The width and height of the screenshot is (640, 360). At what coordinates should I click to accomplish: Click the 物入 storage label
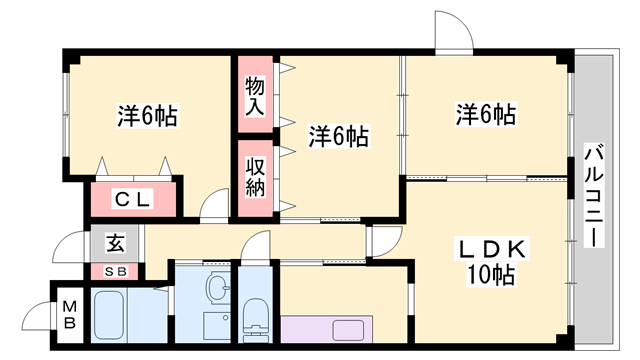pyautogui.click(x=255, y=96)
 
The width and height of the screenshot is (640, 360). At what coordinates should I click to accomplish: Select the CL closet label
pyautogui.click(x=132, y=200)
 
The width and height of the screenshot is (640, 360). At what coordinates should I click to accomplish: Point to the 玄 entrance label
pyautogui.click(x=115, y=242)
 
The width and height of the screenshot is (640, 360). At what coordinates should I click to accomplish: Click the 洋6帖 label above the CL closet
pyautogui.click(x=147, y=116)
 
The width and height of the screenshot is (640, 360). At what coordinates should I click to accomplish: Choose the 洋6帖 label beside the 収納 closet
pyautogui.click(x=338, y=136)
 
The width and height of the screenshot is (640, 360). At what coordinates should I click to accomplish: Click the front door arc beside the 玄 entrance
pyautogui.click(x=72, y=247)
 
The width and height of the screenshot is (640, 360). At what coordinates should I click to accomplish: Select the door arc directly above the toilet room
pyautogui.click(x=256, y=246)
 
